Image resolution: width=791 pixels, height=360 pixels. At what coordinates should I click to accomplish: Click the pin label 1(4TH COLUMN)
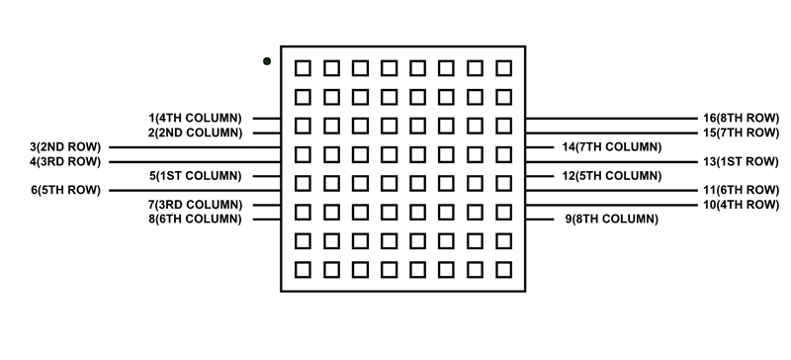pyautogui.click(x=195, y=118)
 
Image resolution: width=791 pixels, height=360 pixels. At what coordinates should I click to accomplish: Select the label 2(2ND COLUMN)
pyautogui.click(x=195, y=132)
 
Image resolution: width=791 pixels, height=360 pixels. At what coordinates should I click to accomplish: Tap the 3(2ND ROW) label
pyautogui.click(x=65, y=147)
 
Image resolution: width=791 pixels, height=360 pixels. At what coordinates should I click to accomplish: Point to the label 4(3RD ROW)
pyautogui.click(x=65, y=161)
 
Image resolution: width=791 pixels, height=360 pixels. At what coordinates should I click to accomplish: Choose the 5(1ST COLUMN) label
pyautogui.click(x=196, y=175)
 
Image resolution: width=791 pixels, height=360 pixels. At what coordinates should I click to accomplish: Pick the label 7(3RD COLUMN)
pyautogui.click(x=195, y=205)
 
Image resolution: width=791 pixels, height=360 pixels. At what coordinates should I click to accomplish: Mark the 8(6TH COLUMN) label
pyautogui.click(x=195, y=219)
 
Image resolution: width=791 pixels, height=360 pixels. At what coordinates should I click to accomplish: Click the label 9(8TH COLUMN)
pyautogui.click(x=612, y=219)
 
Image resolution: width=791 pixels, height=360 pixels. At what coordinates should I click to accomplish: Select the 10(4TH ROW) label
pyautogui.click(x=741, y=205)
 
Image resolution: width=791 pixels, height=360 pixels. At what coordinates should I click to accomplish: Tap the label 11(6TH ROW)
pyautogui.click(x=741, y=189)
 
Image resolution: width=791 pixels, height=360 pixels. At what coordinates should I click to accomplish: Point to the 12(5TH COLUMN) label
pyautogui.click(x=612, y=175)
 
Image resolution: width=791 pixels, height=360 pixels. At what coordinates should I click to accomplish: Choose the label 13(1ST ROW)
pyautogui.click(x=741, y=161)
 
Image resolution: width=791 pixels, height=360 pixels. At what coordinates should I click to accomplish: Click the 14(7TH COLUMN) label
pyautogui.click(x=612, y=147)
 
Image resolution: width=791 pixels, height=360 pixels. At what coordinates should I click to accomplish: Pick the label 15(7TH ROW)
pyautogui.click(x=741, y=132)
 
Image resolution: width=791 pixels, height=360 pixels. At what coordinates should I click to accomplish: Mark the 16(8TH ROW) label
pyautogui.click(x=741, y=118)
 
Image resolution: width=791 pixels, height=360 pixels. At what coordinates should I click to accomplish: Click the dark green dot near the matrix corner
pyautogui.click(x=267, y=61)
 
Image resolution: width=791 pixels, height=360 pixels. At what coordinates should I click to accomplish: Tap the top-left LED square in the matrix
pyautogui.click(x=304, y=68)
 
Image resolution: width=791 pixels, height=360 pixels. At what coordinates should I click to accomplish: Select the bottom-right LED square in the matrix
pyautogui.click(x=504, y=269)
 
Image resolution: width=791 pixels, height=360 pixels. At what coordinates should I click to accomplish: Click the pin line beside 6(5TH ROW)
pyautogui.click(x=194, y=190)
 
